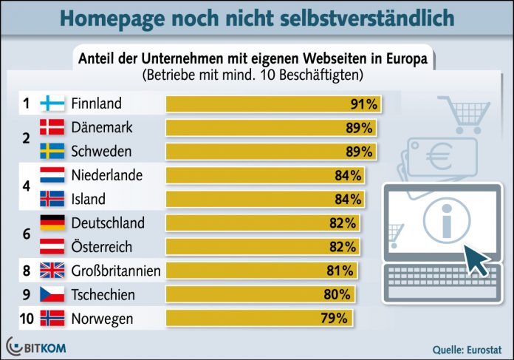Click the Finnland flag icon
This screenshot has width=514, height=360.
[x=51, y=103]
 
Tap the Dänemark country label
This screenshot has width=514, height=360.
[x=102, y=127]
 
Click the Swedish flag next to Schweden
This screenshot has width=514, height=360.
[x=51, y=152]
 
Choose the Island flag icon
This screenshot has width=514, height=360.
[x=51, y=199]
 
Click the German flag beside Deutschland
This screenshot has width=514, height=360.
[x=51, y=223]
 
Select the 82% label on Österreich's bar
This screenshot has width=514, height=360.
[x=342, y=247]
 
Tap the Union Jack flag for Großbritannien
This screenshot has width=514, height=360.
[x=51, y=271]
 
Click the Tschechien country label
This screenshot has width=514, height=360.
[x=103, y=294]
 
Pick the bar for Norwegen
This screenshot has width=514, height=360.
[x=259, y=319]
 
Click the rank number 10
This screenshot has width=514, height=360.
[x=26, y=319]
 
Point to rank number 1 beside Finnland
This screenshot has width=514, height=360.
[x=26, y=103]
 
